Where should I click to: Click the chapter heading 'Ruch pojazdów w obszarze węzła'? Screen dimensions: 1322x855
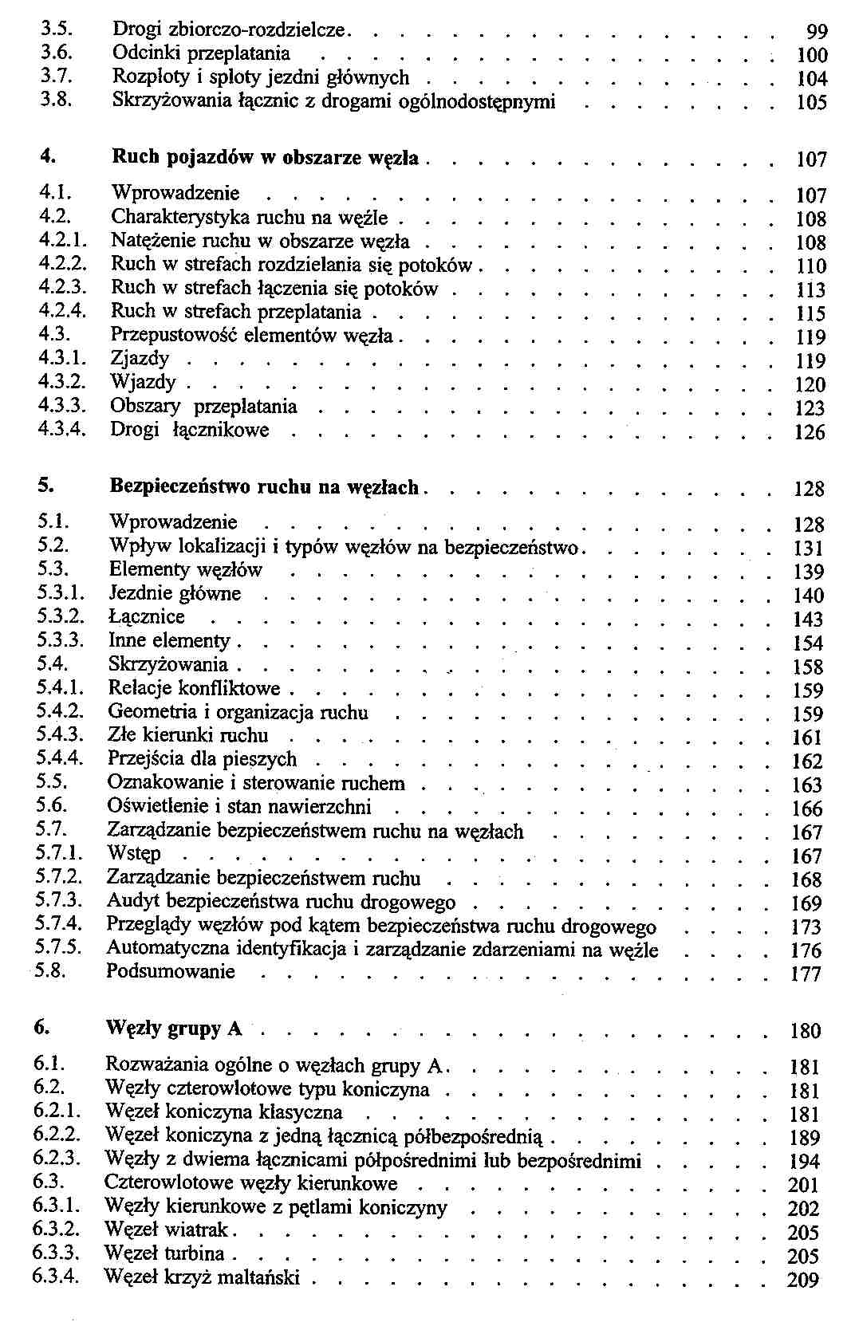coord(265,157)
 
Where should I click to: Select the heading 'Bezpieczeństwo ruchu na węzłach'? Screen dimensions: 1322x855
coord(263,486)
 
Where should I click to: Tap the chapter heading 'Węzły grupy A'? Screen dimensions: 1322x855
coord(173,1029)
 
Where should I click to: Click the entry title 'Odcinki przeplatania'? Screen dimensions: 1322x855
coord(201,53)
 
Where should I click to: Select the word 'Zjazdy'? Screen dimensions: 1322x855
coord(140,359)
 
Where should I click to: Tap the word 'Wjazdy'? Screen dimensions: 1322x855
coord(143,383)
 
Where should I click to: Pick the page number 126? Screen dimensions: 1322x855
coord(810,433)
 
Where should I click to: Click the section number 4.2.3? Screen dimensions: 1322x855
coord(61,288)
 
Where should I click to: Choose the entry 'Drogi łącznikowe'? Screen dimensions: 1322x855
coord(190,431)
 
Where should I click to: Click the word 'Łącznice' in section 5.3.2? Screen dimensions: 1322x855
coord(146,617)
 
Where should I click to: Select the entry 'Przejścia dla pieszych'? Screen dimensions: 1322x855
coord(202,759)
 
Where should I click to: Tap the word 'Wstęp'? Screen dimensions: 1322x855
coord(134,854)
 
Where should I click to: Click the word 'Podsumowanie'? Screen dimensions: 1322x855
coord(171,972)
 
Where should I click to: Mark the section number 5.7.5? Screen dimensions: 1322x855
coord(58,948)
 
